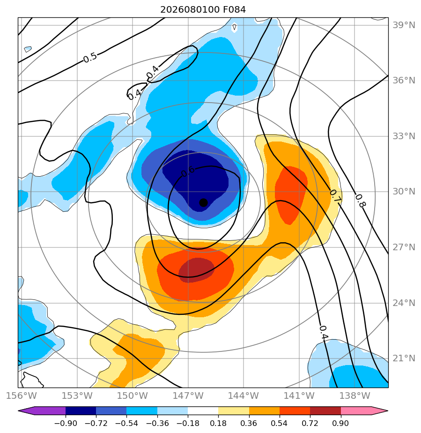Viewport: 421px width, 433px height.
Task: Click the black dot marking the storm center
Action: pos(203,203)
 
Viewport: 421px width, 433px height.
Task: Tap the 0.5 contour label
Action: pos(90,58)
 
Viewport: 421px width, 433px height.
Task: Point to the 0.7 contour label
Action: pos(335,196)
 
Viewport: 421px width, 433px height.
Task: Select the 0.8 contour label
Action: pos(360,201)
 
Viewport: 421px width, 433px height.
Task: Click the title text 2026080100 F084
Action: pos(203,10)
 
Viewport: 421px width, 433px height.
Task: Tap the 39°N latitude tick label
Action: pos(404,25)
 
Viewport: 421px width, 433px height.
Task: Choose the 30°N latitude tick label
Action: pos(404,191)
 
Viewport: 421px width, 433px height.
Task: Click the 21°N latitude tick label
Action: pos(404,358)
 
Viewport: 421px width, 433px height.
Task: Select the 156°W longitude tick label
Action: pos(22,396)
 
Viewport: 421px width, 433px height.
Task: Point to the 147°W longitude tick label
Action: pos(188,396)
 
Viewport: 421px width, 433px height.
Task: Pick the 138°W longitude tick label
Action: pos(355,396)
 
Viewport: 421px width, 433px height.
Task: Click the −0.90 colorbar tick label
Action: pos(66,423)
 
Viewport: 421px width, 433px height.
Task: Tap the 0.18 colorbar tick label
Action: pos(218,423)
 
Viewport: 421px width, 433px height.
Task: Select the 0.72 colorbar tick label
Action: pos(310,423)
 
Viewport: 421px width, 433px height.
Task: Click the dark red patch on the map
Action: pos(196,270)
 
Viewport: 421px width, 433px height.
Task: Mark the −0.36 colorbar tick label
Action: pos(157,423)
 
